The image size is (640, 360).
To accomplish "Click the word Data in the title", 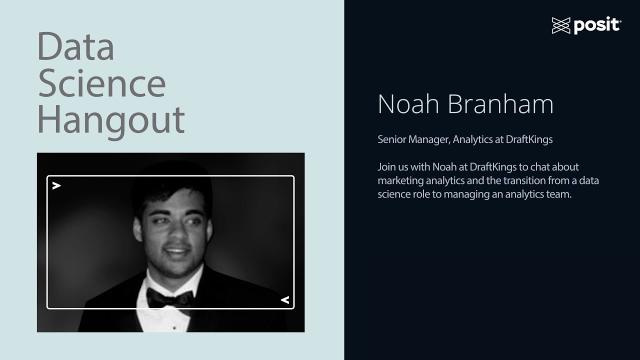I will pyautogui.click(x=75, y=47).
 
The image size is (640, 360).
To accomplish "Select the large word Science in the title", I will pyautogui.click(x=101, y=83).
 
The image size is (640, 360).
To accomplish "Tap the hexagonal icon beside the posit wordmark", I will pyautogui.click(x=561, y=25).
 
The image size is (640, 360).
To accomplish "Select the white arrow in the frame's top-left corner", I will pyautogui.click(x=57, y=185).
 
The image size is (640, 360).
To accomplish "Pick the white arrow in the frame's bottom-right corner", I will pyautogui.click(x=284, y=299).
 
